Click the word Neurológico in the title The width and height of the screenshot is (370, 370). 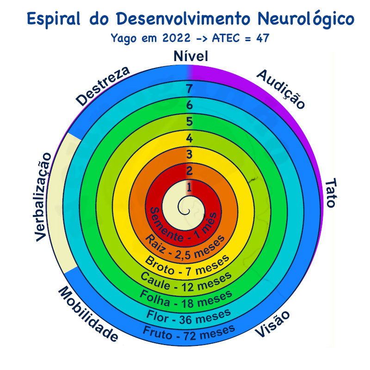click(x=306, y=19)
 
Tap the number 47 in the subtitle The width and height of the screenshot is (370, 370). click(x=263, y=38)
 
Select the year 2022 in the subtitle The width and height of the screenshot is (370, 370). click(x=176, y=38)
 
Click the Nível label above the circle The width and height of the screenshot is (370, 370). click(x=191, y=56)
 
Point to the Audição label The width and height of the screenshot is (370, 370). click(x=281, y=89)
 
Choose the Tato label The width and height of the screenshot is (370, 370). click(x=331, y=193)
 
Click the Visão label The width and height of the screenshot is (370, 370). click(x=272, y=324)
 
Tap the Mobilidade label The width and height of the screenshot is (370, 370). click(x=88, y=314)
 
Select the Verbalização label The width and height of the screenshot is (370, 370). click(x=43, y=197)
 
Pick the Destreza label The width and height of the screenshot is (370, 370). click(x=103, y=86)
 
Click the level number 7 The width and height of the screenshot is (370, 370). click(x=189, y=89)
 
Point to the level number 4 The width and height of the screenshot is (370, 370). click(x=189, y=138)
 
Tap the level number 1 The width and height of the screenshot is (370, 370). click(x=189, y=188)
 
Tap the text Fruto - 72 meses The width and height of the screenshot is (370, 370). click(x=189, y=333)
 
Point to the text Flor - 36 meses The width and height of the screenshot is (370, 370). click(x=188, y=317)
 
